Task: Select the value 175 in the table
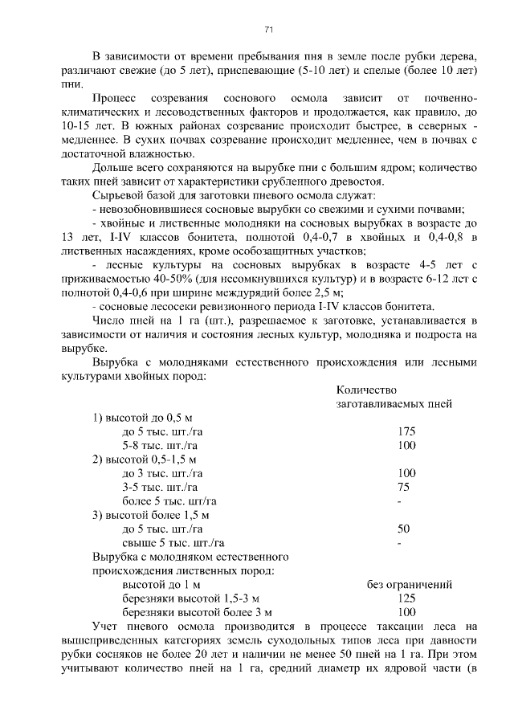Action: point(406,431)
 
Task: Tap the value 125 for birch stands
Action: point(406,598)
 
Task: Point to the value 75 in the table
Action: point(403,487)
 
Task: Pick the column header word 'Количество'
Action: point(363,390)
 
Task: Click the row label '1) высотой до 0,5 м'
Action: point(142,418)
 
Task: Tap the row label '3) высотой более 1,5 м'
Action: point(150,515)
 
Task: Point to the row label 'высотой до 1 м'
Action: point(161,585)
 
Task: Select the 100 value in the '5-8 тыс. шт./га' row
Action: point(406,445)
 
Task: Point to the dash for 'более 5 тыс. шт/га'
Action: point(399,501)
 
